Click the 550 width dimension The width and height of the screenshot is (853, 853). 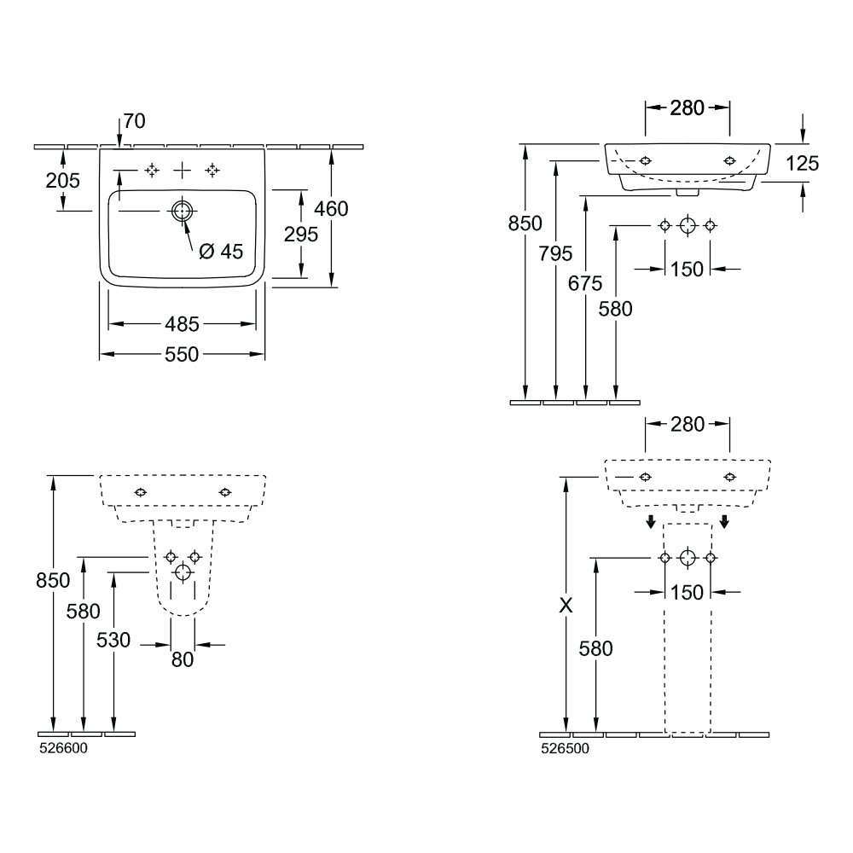(182, 354)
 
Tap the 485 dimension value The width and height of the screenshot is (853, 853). (182, 324)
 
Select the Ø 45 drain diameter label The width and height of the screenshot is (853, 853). (221, 252)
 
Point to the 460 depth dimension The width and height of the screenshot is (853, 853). (331, 208)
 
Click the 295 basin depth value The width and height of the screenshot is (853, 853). (302, 234)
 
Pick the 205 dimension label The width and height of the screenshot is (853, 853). (63, 180)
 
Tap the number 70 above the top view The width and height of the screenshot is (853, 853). (133, 121)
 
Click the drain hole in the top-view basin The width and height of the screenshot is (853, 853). (182, 211)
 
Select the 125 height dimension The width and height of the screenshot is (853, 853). (802, 163)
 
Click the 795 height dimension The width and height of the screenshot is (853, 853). (555, 253)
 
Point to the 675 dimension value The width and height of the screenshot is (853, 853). (585, 283)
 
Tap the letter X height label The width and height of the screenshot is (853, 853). (565, 606)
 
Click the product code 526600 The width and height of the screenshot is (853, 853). (62, 748)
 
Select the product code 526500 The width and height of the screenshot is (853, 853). (564, 748)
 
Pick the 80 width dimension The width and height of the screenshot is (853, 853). (182, 659)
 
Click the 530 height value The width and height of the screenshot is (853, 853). (113, 640)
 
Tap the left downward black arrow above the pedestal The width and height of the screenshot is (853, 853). (650, 521)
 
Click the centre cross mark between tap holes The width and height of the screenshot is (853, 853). (182, 171)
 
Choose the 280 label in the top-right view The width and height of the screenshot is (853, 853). (687, 107)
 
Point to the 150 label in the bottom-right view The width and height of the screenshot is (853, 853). (687, 592)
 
